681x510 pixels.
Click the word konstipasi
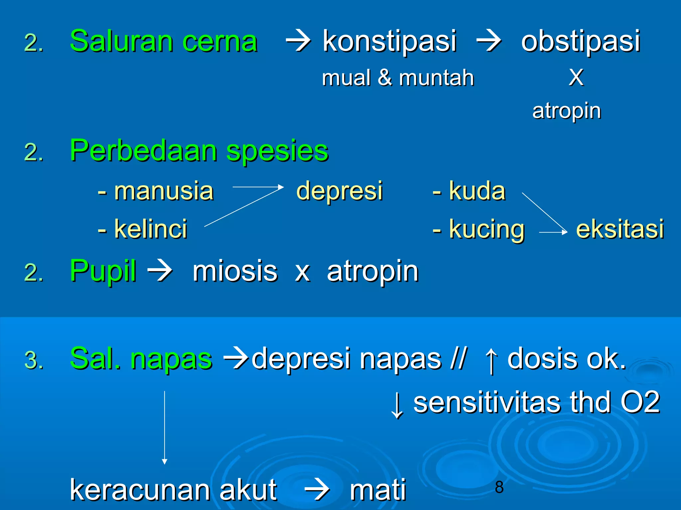(389, 42)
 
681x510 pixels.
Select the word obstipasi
(580, 42)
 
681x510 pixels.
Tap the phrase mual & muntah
(398, 78)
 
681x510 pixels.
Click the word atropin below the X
(567, 111)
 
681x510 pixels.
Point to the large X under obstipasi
(576, 78)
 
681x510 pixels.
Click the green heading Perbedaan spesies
(199, 151)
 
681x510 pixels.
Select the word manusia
(164, 192)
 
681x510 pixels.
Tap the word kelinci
(151, 229)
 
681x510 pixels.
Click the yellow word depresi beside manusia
(339, 192)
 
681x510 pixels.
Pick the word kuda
(477, 192)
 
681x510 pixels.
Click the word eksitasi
(620, 229)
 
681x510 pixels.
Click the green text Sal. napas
(141, 359)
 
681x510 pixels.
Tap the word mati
(378, 490)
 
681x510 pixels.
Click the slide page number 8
(499, 487)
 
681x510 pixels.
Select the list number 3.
(34, 360)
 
